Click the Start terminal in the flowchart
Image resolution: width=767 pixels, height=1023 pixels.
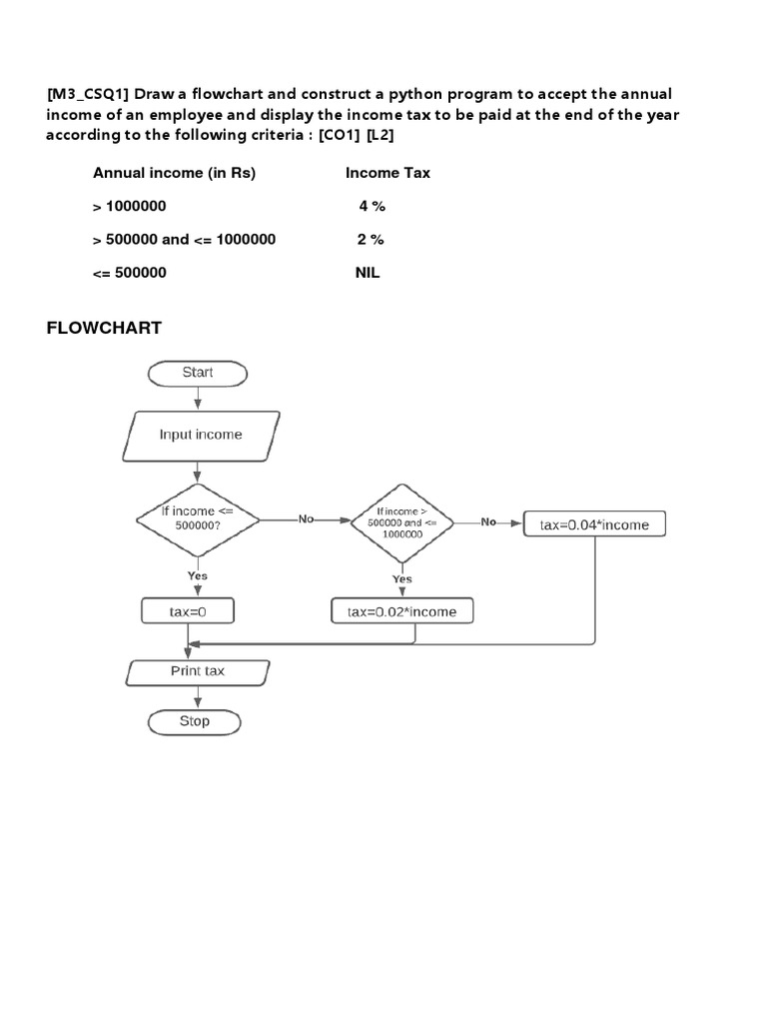pyautogui.click(x=197, y=373)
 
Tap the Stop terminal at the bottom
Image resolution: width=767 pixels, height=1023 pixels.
pyautogui.click(x=194, y=721)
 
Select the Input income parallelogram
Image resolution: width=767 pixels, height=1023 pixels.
pyautogui.click(x=200, y=435)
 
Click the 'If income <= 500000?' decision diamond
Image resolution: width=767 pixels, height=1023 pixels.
pyautogui.click(x=198, y=519)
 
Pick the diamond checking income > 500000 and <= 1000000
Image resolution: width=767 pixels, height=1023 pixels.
pyautogui.click(x=401, y=521)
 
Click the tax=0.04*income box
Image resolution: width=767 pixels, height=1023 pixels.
pyautogui.click(x=594, y=524)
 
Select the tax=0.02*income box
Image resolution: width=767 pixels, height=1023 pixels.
pyautogui.click(x=400, y=611)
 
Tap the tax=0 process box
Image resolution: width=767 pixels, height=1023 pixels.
pyautogui.click(x=187, y=611)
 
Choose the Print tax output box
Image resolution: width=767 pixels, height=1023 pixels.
pyautogui.click(x=198, y=671)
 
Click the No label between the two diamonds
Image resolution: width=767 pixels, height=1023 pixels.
pyautogui.click(x=306, y=519)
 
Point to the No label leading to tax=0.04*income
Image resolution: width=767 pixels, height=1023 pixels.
pyautogui.click(x=488, y=521)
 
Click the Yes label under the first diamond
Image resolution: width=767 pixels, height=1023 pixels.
pyautogui.click(x=198, y=575)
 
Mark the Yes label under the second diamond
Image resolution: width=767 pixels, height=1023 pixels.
pyautogui.click(x=401, y=578)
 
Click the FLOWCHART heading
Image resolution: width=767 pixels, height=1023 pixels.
pyautogui.click(x=104, y=328)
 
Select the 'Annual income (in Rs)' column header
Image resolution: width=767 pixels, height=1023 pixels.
pyautogui.click(x=174, y=173)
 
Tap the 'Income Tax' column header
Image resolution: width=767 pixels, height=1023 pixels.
pyautogui.click(x=387, y=173)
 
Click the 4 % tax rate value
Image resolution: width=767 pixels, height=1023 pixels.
pyautogui.click(x=372, y=206)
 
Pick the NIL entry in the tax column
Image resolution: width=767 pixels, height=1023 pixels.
pyautogui.click(x=368, y=273)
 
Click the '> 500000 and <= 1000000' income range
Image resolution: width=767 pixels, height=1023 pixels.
pyautogui.click(x=184, y=240)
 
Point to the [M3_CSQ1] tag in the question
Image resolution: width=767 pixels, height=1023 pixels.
pyautogui.click(x=88, y=94)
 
